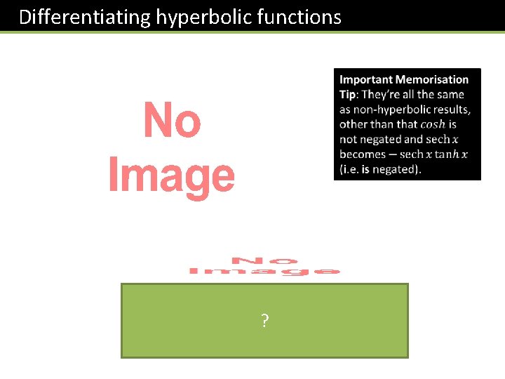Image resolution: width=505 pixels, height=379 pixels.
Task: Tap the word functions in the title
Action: pyautogui.click(x=298, y=17)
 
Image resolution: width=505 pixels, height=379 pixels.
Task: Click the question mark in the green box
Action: pyautogui.click(x=264, y=321)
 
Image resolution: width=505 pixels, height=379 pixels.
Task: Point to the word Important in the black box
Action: pyautogui.click(x=365, y=80)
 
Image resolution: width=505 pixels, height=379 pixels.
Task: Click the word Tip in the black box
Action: pyautogui.click(x=349, y=95)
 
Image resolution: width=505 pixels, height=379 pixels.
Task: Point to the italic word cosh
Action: pyautogui.click(x=433, y=125)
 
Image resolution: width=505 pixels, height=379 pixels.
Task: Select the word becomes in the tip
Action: pyautogui.click(x=362, y=154)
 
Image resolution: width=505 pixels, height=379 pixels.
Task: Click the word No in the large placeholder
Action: pyautogui.click(x=172, y=121)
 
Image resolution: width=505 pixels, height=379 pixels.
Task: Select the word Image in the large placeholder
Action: pyautogui.click(x=172, y=175)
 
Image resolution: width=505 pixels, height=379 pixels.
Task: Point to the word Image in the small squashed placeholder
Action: pyautogui.click(x=265, y=271)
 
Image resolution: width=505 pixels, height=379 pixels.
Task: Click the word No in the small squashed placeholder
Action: pyautogui.click(x=265, y=260)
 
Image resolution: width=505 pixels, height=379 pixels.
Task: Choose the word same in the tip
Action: pyautogui.click(x=449, y=95)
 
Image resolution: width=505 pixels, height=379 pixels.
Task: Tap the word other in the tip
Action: pyautogui.click(x=354, y=125)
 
